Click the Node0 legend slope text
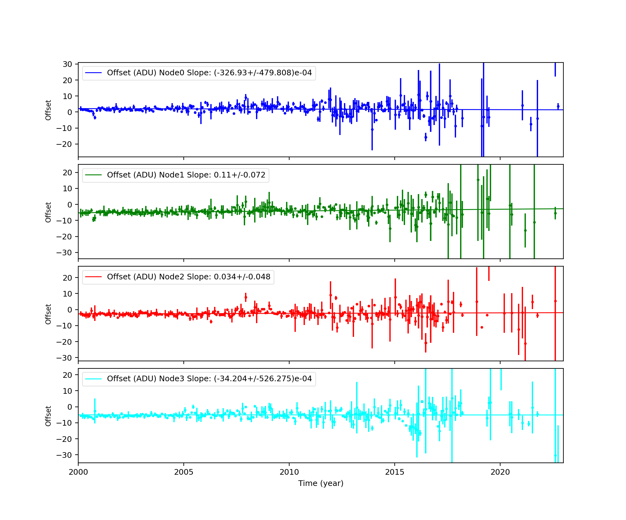point(209,73)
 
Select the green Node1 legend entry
point(186,175)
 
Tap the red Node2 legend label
point(188,277)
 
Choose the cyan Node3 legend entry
point(209,379)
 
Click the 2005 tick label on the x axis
point(184,472)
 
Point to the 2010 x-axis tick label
point(289,472)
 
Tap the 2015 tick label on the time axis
point(395,472)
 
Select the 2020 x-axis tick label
point(500,472)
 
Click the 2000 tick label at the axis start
point(78,472)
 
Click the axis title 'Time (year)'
point(321,483)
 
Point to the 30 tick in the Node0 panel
point(68,64)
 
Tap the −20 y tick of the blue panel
point(64,144)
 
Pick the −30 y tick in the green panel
point(64,252)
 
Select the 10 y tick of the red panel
point(68,294)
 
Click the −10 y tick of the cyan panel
point(64,423)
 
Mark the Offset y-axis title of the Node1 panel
point(48,212)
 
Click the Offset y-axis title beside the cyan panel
point(48,416)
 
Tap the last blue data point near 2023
point(558,107)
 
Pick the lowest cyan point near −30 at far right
point(555,455)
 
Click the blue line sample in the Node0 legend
point(93,73)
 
